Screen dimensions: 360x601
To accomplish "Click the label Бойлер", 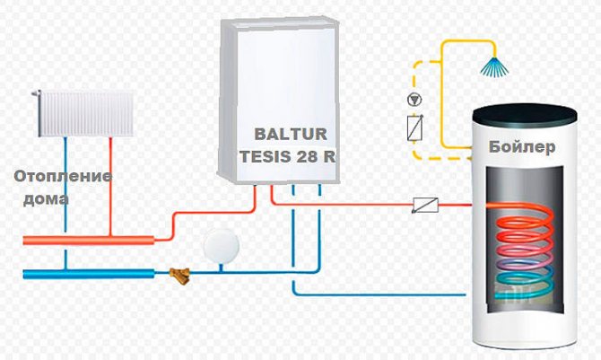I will [523, 147].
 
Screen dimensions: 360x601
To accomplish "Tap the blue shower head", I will [492, 64].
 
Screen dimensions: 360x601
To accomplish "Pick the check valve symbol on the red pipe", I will [424, 205].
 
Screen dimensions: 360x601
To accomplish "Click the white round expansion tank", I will [220, 244].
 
